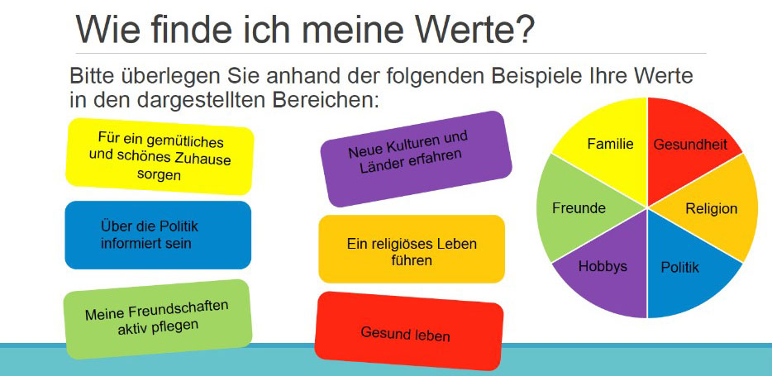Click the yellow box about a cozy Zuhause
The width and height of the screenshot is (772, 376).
(160, 156)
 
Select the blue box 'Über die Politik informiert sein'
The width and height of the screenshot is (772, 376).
(158, 236)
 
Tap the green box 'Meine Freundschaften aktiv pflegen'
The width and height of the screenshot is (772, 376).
(158, 319)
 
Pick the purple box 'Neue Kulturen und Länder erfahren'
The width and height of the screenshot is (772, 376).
(416, 159)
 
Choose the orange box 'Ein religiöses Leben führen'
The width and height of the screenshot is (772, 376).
(412, 249)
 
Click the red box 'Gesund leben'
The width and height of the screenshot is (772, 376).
(408, 333)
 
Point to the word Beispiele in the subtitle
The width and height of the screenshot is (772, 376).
(533, 76)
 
